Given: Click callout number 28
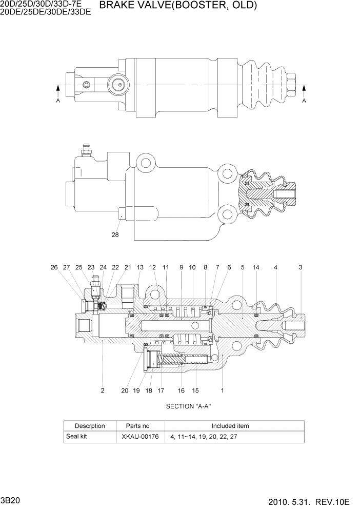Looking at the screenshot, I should tap(115, 236).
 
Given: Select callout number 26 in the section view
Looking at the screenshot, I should tap(54, 267).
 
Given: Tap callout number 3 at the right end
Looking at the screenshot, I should tap(301, 267).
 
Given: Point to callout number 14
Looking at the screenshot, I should tap(256, 267).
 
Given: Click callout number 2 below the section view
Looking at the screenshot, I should tap(103, 390).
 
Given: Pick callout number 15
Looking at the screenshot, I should tap(195, 390).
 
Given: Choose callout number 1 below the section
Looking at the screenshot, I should tap(222, 390).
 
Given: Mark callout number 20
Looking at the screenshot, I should tap(125, 390).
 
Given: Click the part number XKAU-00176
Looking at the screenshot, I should tap(140, 437).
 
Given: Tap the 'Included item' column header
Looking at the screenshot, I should tap(230, 426).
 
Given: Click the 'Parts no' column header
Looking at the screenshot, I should tap(137, 426).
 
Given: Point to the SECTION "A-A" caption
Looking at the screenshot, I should tap(189, 406).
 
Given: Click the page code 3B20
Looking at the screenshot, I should tap(11, 500).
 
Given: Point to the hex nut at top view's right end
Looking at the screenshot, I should tap(292, 84).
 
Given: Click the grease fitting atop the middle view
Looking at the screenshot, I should tap(86, 149).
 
